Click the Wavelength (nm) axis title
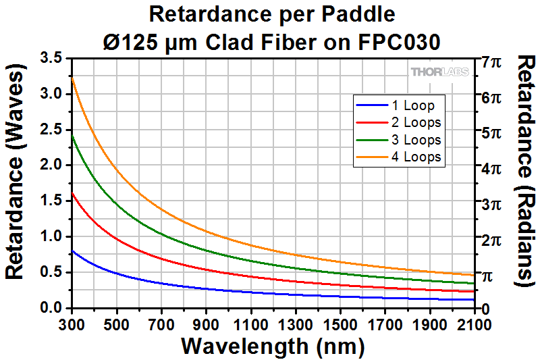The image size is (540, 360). coord(273,346)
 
